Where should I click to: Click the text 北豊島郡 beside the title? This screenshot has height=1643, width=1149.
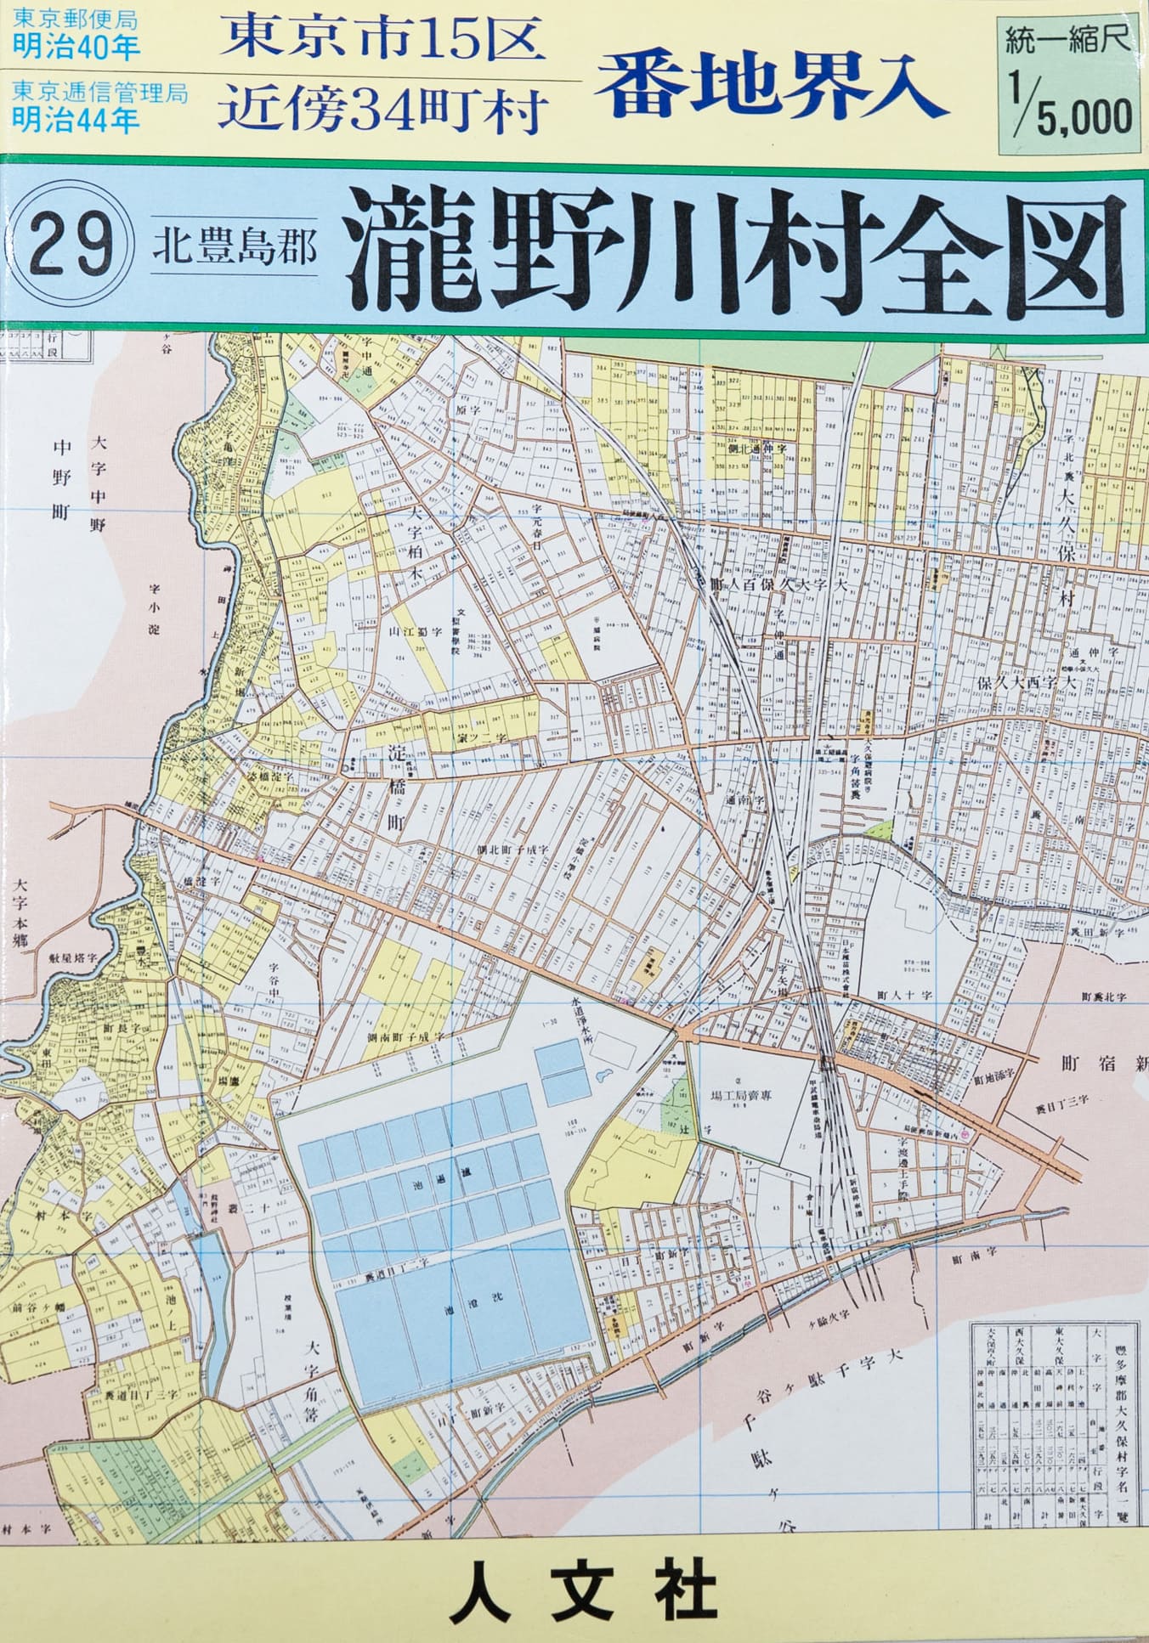235,248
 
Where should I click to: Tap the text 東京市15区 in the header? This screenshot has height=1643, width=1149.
382,38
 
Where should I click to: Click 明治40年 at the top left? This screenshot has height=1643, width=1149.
76,46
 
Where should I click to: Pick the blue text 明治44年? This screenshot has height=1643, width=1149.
76,120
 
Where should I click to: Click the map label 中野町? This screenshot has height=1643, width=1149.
63,481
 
